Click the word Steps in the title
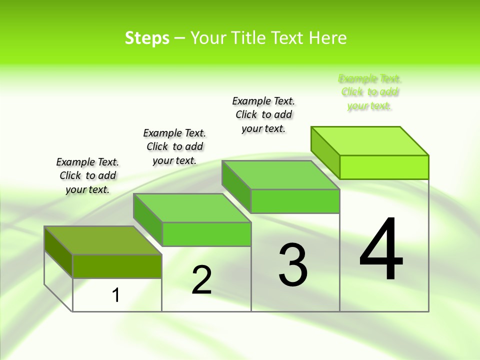coord(147,38)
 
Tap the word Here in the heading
coord(327,38)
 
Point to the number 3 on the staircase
coord(293,265)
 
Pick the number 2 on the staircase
coord(201,280)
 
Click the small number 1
coord(116,295)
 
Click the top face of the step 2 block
coord(192,207)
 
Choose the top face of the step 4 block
coord(370,141)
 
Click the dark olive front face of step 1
coord(117,266)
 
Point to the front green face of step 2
coord(206,234)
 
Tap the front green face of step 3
coord(295,201)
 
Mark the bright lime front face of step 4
coord(384,167)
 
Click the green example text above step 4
coord(370,92)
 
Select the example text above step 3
coord(263,114)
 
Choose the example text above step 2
coord(174,146)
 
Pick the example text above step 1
coord(87,175)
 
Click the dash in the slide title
coord(180,38)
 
